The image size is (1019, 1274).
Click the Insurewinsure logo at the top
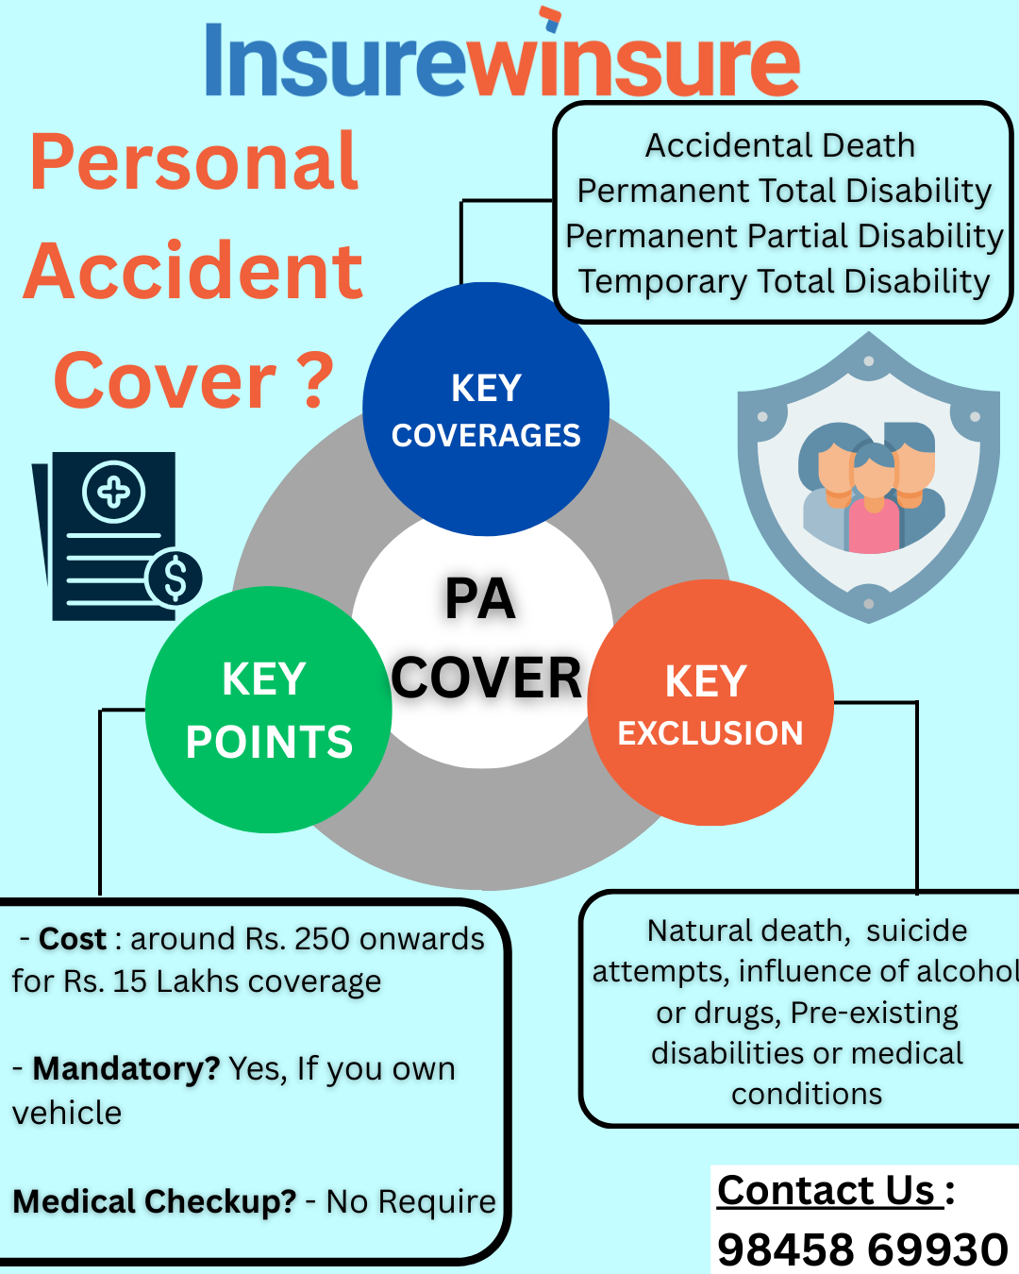[502, 59]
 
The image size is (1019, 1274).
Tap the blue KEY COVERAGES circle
[486, 409]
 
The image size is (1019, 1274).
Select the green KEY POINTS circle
[269, 710]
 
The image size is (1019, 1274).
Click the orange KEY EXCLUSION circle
[710, 703]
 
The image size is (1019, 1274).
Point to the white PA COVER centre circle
[483, 642]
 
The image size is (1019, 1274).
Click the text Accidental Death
[780, 146]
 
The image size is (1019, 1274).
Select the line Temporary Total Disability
[784, 281]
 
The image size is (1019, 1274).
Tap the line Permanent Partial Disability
[784, 236]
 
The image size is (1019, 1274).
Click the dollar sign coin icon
[175, 578]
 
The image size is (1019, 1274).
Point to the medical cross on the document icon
[114, 492]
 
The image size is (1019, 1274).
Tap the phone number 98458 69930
[862, 1249]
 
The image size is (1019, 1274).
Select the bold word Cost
[73, 939]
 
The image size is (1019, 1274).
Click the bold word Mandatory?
[126, 1068]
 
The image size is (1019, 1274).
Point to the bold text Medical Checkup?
[155, 1201]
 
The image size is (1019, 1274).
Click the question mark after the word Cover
[309, 380]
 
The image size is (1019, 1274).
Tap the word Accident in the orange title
[193, 271]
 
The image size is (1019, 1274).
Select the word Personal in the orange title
[194, 162]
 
